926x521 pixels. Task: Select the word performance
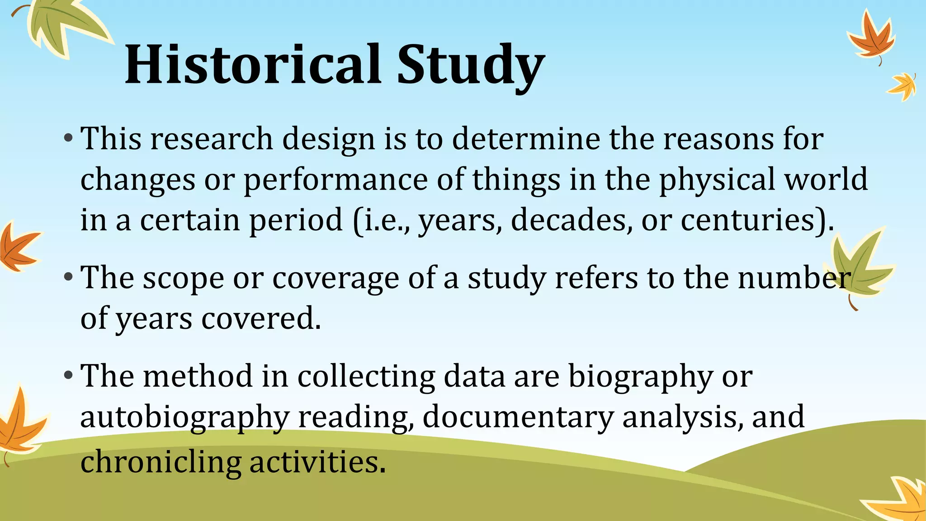[335, 180]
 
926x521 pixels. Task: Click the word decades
[571, 220]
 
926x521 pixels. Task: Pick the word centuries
[753, 220]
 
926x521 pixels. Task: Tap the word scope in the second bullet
[183, 278]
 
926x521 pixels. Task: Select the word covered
[261, 318]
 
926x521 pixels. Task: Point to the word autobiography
[184, 417]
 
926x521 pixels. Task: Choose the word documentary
[518, 417]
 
